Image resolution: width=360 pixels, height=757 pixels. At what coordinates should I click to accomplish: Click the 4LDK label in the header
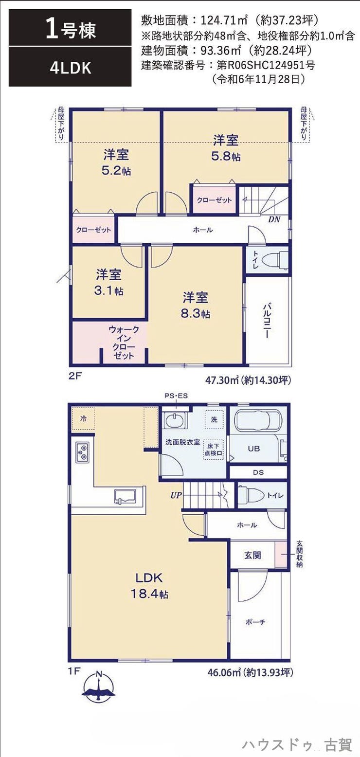71,68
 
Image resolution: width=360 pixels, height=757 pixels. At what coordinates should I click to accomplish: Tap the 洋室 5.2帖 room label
116,162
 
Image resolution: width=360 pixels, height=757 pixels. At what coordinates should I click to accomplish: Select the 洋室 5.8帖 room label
226,148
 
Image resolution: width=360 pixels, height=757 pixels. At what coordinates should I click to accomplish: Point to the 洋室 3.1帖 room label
108,282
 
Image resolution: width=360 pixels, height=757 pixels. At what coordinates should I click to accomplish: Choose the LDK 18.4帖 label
149,586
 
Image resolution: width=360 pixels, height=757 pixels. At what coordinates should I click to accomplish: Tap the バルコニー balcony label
267,321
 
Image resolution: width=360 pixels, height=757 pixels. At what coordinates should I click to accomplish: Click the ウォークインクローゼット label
124,342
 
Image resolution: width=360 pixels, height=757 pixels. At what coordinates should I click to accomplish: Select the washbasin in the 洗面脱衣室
176,420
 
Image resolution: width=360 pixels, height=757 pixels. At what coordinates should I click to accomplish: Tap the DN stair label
274,219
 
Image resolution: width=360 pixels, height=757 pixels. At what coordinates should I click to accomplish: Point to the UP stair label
176,495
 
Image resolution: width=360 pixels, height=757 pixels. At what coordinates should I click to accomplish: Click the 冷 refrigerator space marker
83,418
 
